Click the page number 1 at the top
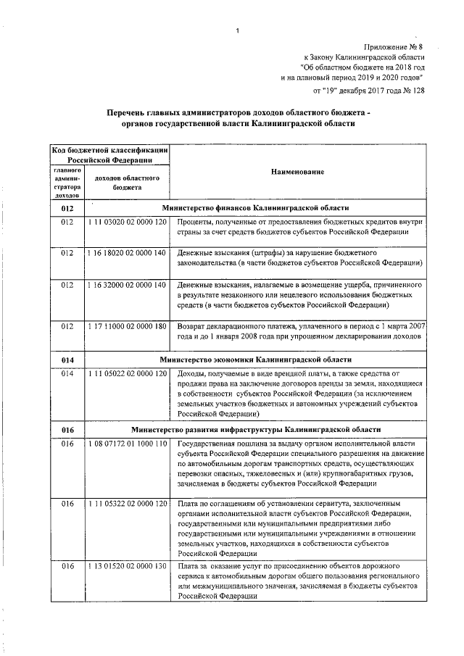[236, 30]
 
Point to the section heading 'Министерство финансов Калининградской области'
[257, 207]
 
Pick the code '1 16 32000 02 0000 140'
[127, 285]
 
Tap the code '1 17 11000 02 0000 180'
[127, 327]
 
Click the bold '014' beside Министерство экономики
[67, 360]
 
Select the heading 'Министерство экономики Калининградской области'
[256, 360]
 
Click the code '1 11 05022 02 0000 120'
[127, 373]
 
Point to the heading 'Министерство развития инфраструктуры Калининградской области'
[256, 429]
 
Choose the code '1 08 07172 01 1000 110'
[127, 443]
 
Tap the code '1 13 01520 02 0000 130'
[127, 565]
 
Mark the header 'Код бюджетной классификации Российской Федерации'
[109, 154]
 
